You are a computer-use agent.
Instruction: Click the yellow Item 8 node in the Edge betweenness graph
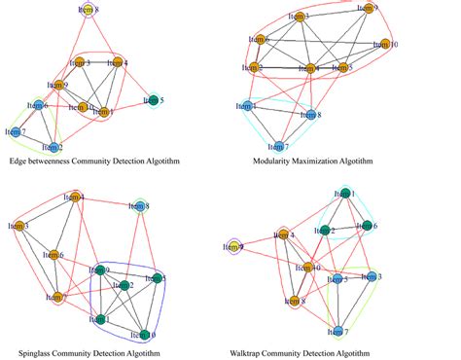(89, 10)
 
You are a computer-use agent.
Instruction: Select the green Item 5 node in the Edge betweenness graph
(155, 99)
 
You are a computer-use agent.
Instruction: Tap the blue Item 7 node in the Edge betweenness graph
(17, 131)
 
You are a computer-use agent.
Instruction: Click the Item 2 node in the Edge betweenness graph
(55, 148)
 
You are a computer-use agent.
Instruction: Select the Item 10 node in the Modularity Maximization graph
(386, 45)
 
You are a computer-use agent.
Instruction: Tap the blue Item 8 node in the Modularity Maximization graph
(311, 115)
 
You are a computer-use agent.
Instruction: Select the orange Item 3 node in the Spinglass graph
(20, 227)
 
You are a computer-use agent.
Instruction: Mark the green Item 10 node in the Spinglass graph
(144, 334)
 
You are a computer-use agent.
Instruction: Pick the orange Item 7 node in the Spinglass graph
(55, 297)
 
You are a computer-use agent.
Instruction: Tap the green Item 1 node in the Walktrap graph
(346, 195)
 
